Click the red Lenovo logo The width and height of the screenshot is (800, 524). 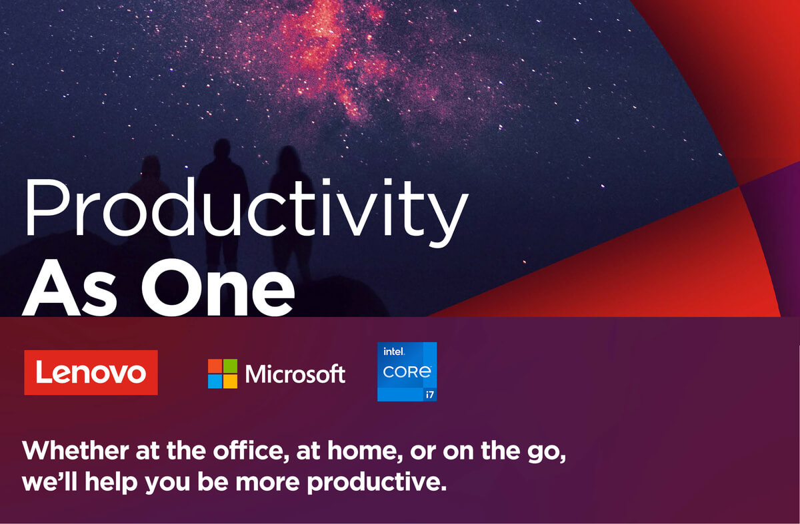(91, 372)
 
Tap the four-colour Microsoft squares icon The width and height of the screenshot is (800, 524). (223, 374)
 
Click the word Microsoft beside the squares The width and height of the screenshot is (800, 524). (295, 374)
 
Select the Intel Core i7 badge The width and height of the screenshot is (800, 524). (407, 372)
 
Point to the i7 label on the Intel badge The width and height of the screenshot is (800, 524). (429, 395)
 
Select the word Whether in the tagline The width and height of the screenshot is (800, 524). (75, 451)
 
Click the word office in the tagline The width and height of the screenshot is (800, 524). (251, 451)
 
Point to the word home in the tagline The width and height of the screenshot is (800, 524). (366, 451)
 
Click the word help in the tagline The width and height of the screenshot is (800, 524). (111, 482)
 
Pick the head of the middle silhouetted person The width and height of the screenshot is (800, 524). (222, 149)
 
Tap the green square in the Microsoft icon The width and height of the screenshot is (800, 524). (231, 366)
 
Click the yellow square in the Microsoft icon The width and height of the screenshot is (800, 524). (231, 382)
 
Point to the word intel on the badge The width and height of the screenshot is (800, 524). (394, 352)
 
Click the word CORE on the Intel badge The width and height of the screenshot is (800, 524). (407, 372)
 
